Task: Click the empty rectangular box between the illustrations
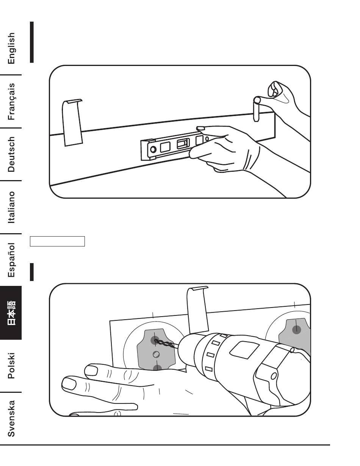coord(57,241)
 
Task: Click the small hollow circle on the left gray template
coord(156,355)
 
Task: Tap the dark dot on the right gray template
coord(297,330)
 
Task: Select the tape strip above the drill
coord(198,309)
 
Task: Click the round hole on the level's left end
coord(153,149)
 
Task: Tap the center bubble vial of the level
coord(183,144)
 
